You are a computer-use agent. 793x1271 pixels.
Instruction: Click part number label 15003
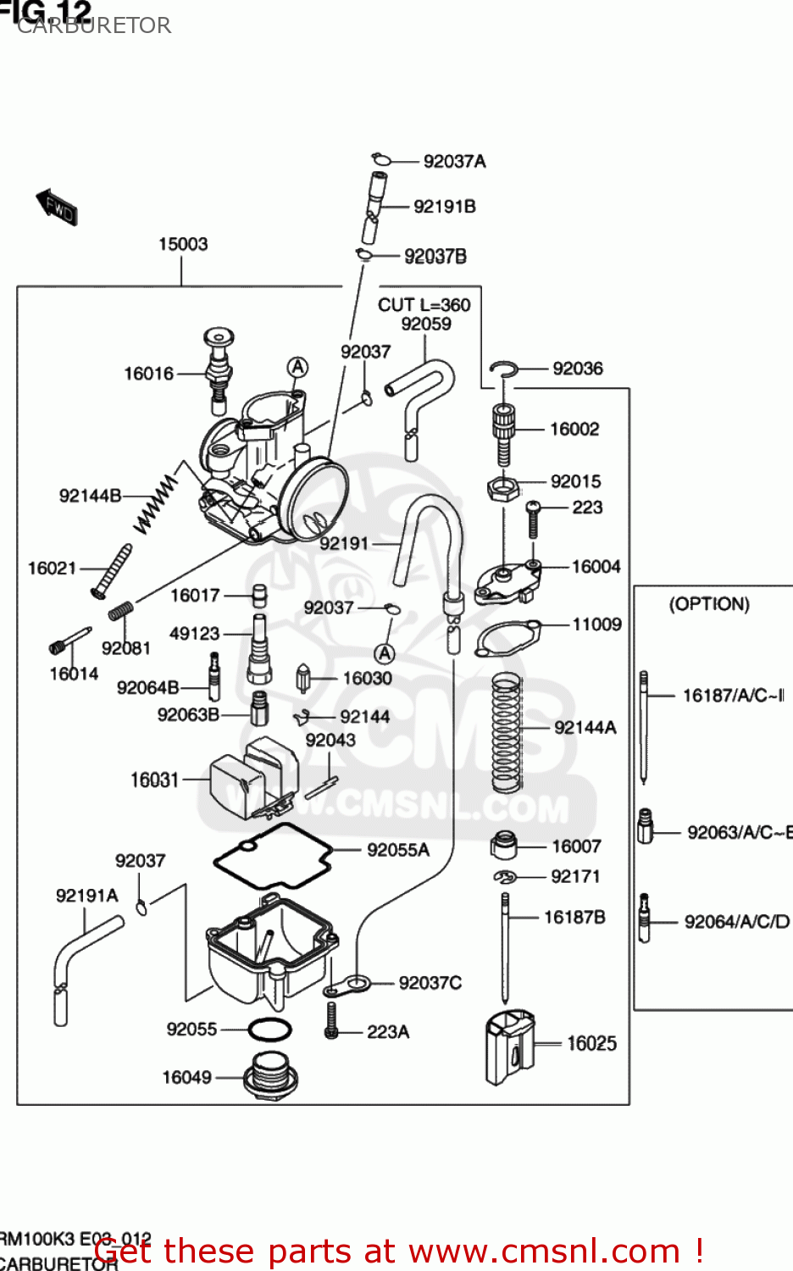[x=183, y=244]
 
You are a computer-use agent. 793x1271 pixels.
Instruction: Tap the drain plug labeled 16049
[x=269, y=1076]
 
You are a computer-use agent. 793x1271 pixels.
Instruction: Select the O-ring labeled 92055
[x=269, y=1030]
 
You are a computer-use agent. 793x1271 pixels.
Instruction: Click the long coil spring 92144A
[x=507, y=733]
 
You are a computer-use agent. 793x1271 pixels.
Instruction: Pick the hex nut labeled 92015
[x=502, y=488]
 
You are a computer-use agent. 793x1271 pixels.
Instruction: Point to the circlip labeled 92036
[x=503, y=369]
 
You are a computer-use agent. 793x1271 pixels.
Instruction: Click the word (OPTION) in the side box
[x=709, y=604]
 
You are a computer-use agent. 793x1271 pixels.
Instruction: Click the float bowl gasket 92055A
[x=271, y=856]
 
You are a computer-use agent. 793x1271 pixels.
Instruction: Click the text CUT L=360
[x=424, y=305]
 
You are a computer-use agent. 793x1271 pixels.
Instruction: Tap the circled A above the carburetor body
[x=297, y=367]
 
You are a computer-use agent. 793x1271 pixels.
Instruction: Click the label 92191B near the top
[x=444, y=207]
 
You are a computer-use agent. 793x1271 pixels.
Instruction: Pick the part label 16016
[x=148, y=374]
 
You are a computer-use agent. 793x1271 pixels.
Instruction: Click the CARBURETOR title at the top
[x=94, y=25]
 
